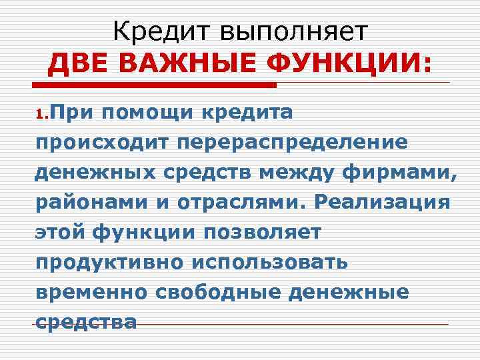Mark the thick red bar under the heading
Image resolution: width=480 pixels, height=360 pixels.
[x=155, y=86]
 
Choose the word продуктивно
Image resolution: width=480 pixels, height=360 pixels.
[x=110, y=262]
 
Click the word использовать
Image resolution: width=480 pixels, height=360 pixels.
[x=270, y=262]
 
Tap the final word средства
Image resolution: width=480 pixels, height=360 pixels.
[x=86, y=322]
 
